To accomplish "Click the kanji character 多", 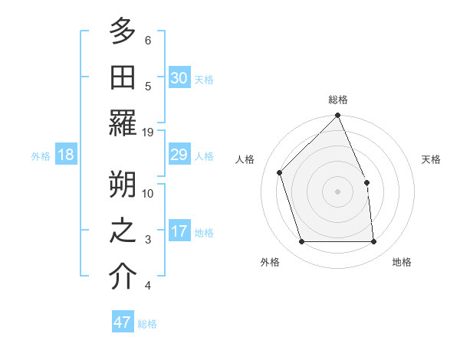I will pyautogui.click(x=123, y=31).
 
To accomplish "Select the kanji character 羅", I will pyautogui.click(x=123, y=124).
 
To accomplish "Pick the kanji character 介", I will pyautogui.click(x=123, y=277).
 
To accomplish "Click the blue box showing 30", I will pyautogui.click(x=179, y=77).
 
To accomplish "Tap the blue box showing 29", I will pyautogui.click(x=179, y=155).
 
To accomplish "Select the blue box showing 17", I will pyautogui.click(x=179, y=231).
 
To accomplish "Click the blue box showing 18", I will pyautogui.click(x=66, y=155).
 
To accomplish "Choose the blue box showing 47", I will pyautogui.click(x=123, y=322).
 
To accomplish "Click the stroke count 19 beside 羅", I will pyautogui.click(x=148, y=132).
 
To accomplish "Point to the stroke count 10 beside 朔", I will pyautogui.click(x=148, y=193).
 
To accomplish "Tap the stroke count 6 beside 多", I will pyautogui.click(x=148, y=40).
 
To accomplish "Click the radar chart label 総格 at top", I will pyautogui.click(x=338, y=100).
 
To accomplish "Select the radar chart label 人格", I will pyautogui.click(x=245, y=159).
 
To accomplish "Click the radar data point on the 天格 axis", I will pyautogui.click(x=366, y=182).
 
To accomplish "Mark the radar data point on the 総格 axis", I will pyautogui.click(x=338, y=116).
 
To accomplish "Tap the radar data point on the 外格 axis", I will pyautogui.click(x=302, y=242).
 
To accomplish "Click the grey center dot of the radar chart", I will pyautogui.click(x=338, y=191).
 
